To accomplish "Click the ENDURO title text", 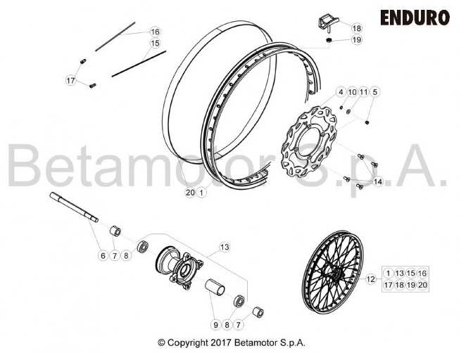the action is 415,18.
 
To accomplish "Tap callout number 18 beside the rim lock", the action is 357,29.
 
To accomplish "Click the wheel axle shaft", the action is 74,207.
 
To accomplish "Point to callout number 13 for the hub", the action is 225,247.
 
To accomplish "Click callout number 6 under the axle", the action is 103,256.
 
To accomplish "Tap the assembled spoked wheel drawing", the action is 332,271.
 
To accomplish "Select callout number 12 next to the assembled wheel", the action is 371,279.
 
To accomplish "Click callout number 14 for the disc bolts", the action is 378,182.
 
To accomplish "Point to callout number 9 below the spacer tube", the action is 216,325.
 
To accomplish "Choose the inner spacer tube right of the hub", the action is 215,286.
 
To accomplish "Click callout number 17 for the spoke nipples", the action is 70,80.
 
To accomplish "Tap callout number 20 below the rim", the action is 190,193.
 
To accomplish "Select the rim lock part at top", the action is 329,24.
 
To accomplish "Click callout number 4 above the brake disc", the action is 341,92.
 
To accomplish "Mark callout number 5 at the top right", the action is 374,92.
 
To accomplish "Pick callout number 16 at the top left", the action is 156,32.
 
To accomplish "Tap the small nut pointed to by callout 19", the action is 329,40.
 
